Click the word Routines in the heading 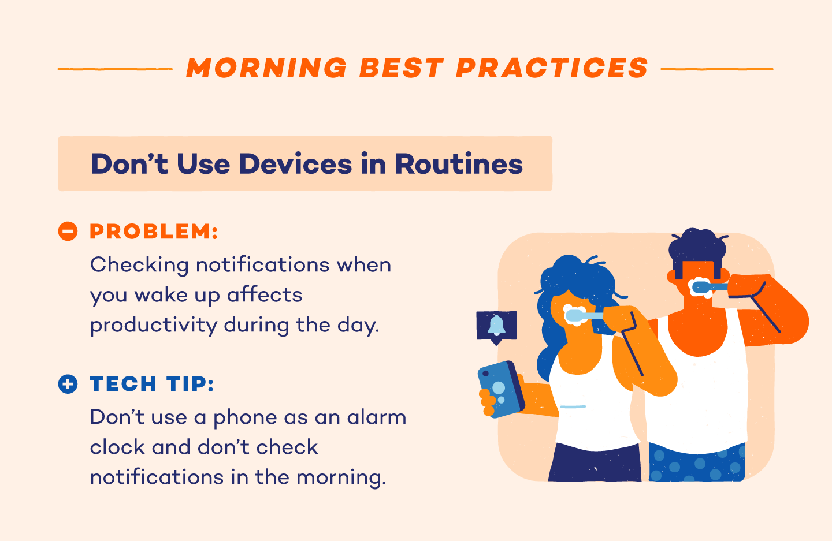(459, 164)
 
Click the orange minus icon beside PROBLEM (68, 232)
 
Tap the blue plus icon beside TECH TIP (68, 384)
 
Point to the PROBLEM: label (154, 232)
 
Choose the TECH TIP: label (152, 384)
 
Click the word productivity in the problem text (153, 325)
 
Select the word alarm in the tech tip (376, 417)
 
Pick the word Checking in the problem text (139, 265)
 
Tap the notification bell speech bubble (496, 326)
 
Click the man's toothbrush (710, 286)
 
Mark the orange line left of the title (114, 69)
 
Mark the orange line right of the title (716, 69)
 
